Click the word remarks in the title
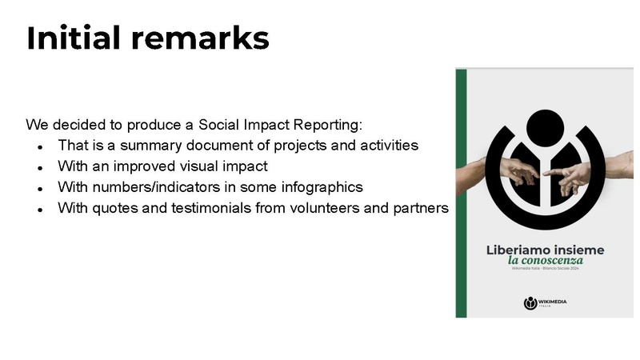point(202,38)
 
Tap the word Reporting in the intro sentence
point(323,126)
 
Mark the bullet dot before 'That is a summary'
point(40,148)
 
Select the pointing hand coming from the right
point(592,169)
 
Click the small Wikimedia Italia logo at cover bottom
point(545,303)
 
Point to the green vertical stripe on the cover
point(461,192)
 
